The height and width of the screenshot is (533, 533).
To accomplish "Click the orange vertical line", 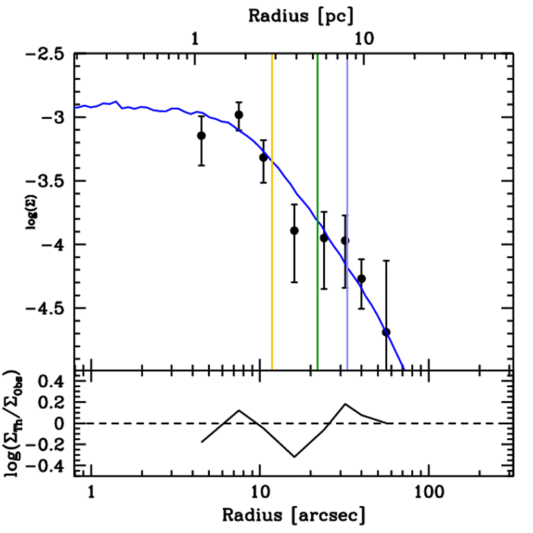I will click(x=272, y=208).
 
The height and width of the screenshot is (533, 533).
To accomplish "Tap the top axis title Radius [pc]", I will click(x=301, y=16).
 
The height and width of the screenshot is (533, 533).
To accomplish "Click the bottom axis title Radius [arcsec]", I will click(x=294, y=515).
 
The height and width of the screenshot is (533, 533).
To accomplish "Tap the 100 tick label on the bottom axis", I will click(x=428, y=492).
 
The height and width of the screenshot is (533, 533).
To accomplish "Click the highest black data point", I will click(x=239, y=115).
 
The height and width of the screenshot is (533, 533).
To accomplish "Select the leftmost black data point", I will click(x=201, y=136).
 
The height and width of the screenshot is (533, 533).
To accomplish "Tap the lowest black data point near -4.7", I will click(x=386, y=332).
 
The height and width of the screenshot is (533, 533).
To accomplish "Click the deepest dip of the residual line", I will click(x=295, y=457).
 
